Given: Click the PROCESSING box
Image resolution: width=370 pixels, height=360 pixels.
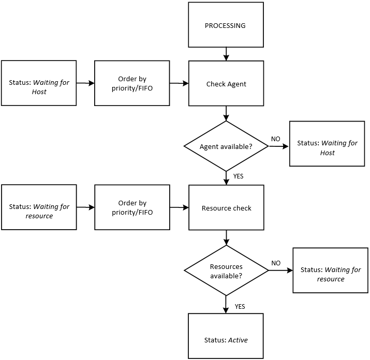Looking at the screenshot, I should point(226,25).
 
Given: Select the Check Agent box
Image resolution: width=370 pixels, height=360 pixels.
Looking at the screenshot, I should point(226,84).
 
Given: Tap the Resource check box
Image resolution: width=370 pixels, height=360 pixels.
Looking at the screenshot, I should point(226,208).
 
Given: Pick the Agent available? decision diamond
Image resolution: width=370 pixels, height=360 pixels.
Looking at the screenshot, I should point(226,146).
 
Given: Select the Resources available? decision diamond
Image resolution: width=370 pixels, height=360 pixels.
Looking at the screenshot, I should point(226,271).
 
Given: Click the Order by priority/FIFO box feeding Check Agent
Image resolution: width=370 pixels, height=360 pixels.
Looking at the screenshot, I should point(132,83).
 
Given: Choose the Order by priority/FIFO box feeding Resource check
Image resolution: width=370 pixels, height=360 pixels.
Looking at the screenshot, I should point(132,208).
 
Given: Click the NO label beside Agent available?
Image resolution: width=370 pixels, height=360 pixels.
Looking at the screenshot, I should point(276,139).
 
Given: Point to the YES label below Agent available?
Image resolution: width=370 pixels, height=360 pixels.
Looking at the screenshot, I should point(238,176).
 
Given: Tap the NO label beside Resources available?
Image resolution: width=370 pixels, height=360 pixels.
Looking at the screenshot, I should point(276,263).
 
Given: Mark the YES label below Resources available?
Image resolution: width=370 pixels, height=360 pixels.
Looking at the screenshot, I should point(240,307).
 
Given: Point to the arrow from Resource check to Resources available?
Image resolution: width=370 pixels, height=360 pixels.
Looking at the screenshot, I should point(226,238).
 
